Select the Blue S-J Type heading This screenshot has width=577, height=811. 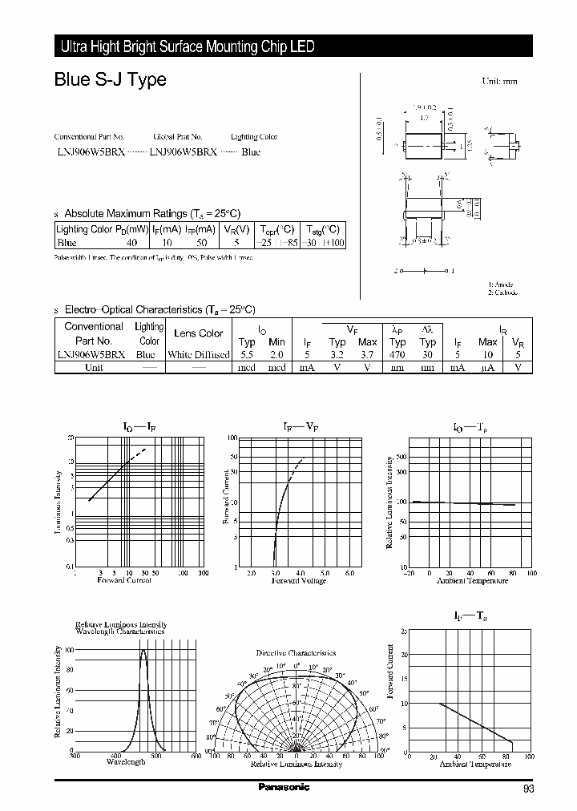click(110, 80)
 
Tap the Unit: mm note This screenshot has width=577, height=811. click(499, 82)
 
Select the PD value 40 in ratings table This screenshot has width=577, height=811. click(131, 241)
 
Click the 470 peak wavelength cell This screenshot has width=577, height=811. click(397, 354)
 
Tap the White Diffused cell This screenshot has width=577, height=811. click(198, 354)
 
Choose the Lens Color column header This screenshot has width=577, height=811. click(198, 333)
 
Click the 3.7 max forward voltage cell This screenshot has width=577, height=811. click(367, 354)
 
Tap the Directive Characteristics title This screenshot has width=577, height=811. click(296, 653)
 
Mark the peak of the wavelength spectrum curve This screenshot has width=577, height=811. click(143, 650)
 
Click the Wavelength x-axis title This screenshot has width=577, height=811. click(126, 761)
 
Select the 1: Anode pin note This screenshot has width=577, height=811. click(501, 284)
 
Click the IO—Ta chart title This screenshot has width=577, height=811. click(471, 429)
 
